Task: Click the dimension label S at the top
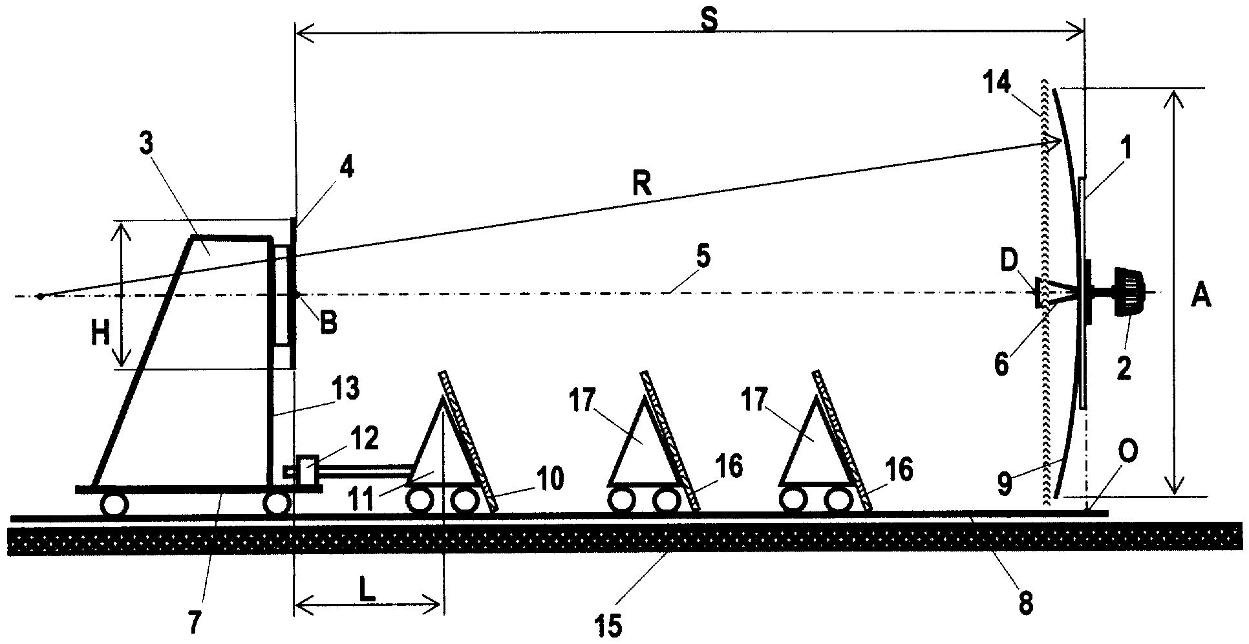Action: click(709, 21)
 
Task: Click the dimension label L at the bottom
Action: click(368, 594)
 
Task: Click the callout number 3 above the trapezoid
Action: click(146, 144)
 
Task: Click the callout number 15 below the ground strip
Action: click(610, 625)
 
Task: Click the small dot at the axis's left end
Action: click(41, 296)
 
